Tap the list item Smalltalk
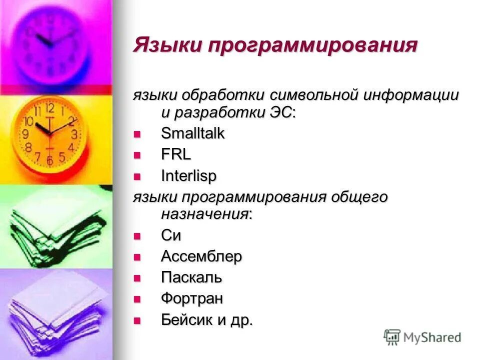click(x=192, y=133)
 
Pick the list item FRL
click(x=176, y=154)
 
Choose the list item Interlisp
click(x=189, y=176)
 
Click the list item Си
click(x=171, y=235)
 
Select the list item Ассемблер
click(x=201, y=256)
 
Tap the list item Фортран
click(x=192, y=298)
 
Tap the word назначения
click(x=204, y=214)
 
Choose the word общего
click(x=359, y=196)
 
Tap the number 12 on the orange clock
click(x=49, y=108)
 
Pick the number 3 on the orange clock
click(x=74, y=134)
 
